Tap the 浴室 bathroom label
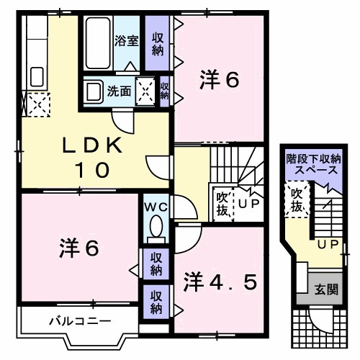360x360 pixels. click(127, 41)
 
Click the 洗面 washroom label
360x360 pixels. click(119, 91)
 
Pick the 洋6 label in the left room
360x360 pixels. click(78, 248)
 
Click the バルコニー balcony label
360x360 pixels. click(69, 320)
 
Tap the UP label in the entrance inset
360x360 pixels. click(328, 246)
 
